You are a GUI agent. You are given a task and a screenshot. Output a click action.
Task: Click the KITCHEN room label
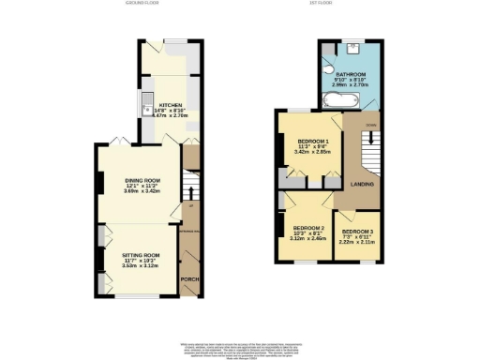(170, 105)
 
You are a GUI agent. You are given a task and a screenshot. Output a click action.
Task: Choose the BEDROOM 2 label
(308, 228)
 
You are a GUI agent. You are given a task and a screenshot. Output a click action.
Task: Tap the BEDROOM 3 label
(356, 231)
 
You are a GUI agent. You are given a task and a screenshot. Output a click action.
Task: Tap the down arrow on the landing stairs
(370, 141)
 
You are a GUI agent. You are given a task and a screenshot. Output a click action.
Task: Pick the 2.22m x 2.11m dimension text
(356, 242)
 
